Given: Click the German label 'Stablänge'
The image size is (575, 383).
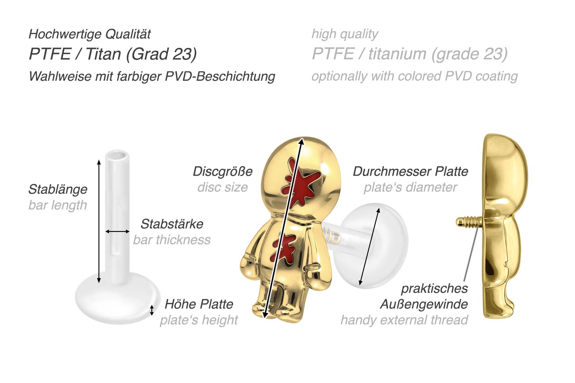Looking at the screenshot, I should pos(58,189).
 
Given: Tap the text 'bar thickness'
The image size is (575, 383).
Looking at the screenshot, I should pos(172,240).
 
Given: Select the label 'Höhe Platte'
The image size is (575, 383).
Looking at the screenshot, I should pos(199,304).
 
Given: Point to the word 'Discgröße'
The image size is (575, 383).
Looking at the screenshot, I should pos(222,171).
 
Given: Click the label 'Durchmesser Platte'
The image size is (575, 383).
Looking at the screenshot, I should pos(410,171).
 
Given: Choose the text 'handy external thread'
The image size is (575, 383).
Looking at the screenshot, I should pos(404,320).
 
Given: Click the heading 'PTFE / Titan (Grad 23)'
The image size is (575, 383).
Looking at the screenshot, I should pos(113,54).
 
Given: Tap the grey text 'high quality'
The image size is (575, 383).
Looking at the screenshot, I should pos(345,34).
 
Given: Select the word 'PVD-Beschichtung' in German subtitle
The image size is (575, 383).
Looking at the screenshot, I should pos(220,76).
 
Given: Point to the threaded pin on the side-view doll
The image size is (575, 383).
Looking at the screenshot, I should pos(466,221).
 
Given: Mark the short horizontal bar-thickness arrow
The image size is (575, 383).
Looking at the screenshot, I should pos(117,231).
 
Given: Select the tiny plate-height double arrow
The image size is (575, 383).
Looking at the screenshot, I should pos(152,310).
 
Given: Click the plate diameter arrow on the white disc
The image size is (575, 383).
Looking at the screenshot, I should pos(369,247).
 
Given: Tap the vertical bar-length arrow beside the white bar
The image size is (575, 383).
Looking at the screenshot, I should pos(99,221).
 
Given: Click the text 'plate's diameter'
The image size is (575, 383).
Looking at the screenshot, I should pos(410,187).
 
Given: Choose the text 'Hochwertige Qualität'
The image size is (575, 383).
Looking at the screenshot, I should pos(90,34).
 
